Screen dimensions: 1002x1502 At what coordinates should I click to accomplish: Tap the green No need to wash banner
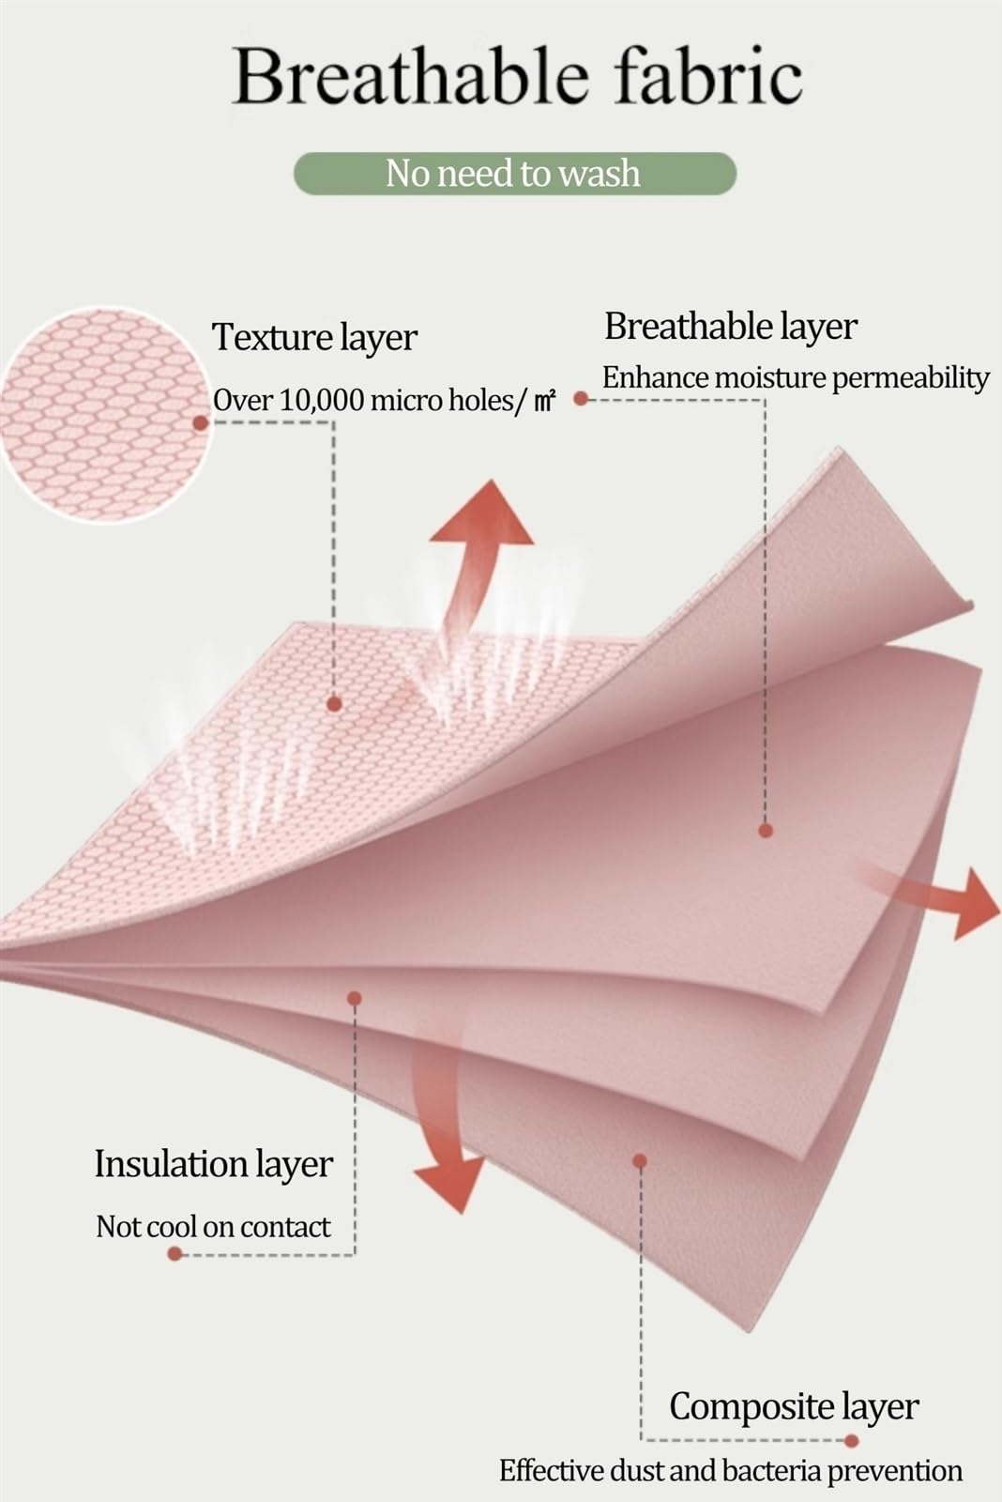click(515, 174)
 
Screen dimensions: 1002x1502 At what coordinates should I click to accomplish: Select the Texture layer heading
click(314, 337)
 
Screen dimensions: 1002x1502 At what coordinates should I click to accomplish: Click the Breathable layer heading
click(731, 327)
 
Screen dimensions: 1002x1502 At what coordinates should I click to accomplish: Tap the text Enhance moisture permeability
click(796, 378)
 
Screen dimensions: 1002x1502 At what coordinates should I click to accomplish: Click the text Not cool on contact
click(213, 1226)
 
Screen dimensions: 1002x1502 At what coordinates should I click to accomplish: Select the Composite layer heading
click(794, 1405)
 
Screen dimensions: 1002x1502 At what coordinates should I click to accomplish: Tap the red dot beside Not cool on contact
click(175, 1253)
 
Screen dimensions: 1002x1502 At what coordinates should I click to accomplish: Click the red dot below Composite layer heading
click(852, 1440)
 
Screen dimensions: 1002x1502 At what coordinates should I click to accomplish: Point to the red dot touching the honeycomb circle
click(200, 423)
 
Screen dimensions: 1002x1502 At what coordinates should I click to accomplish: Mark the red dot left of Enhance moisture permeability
click(581, 399)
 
